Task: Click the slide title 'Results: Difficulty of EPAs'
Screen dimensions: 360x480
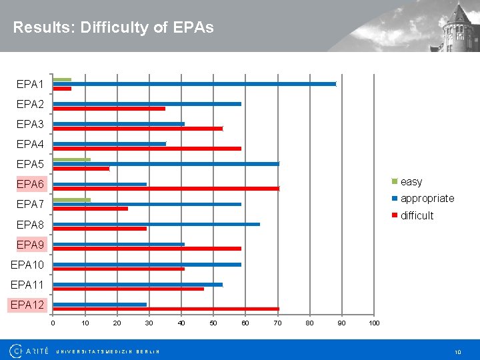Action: (113, 27)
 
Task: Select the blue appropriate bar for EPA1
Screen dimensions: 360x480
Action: (194, 84)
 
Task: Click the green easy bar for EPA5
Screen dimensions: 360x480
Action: (71, 159)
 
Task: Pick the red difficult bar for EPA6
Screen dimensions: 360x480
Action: (166, 189)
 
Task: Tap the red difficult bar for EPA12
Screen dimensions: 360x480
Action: (166, 309)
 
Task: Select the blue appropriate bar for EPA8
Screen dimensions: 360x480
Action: (156, 224)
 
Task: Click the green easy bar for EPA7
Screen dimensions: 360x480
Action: (71, 199)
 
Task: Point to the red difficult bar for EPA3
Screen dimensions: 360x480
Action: (137, 129)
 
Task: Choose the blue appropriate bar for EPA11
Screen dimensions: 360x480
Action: (137, 284)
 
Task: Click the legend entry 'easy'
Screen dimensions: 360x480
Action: (411, 182)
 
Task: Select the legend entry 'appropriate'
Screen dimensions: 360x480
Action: (427, 199)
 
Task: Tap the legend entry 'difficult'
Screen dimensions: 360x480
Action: (416, 215)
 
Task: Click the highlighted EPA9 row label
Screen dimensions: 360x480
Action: (30, 245)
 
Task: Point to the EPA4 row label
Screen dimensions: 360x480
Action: (30, 144)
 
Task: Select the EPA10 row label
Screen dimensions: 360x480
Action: (27, 265)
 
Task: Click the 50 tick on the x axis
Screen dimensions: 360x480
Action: (213, 323)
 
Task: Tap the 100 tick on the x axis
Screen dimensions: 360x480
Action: (374, 323)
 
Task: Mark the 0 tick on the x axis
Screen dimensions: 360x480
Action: (53, 323)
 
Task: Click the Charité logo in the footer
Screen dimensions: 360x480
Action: (29, 351)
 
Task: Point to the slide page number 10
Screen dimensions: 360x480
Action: (457, 351)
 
